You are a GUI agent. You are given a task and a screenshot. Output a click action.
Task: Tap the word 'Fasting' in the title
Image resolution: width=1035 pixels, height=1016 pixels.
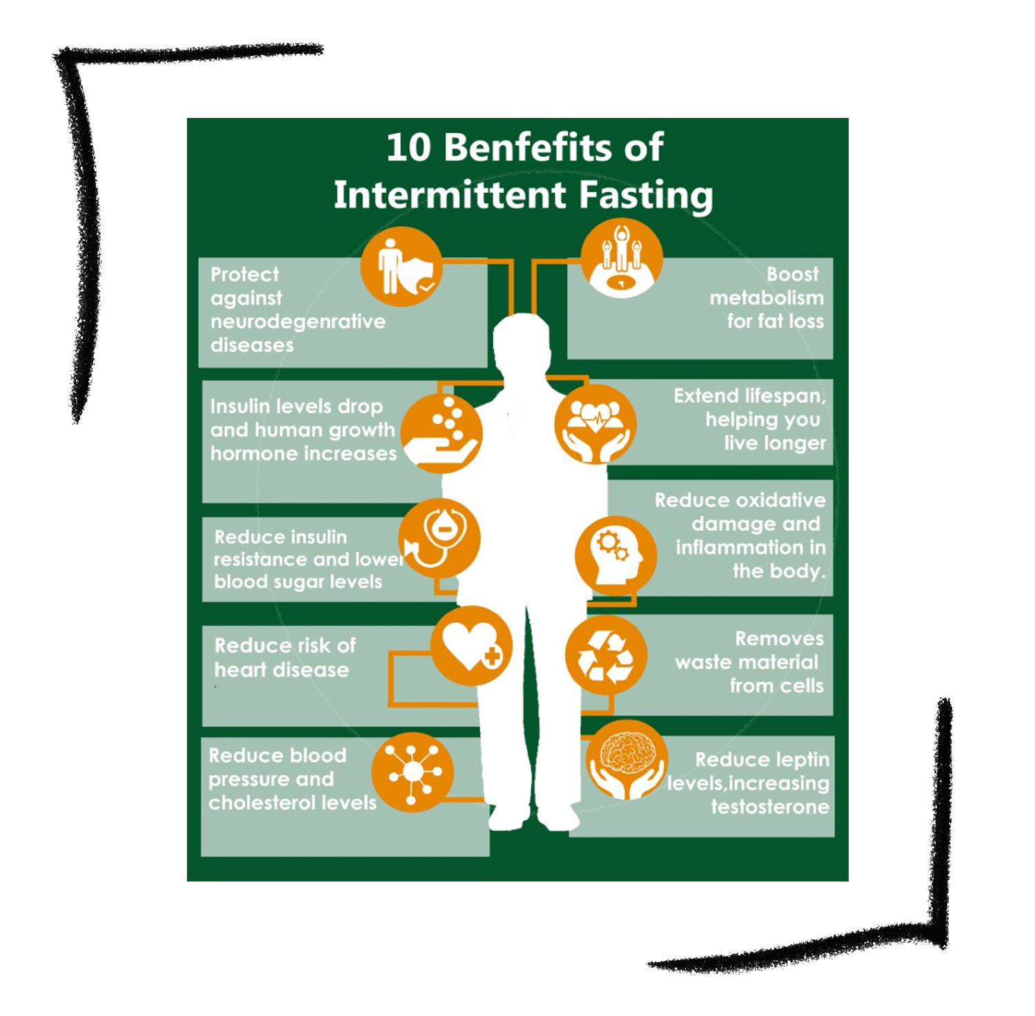tap(646, 195)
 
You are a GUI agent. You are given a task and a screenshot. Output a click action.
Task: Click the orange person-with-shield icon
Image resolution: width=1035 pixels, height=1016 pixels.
tap(401, 267)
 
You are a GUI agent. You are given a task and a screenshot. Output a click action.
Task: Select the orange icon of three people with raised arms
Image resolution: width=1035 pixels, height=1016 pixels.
tap(622, 259)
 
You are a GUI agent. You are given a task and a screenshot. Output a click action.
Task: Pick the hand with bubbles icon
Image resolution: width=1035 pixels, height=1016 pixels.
tap(442, 432)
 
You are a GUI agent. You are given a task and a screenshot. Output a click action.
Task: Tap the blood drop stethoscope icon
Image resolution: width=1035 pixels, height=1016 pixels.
tap(440, 538)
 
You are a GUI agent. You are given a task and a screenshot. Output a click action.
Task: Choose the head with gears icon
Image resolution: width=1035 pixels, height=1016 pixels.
tap(615, 555)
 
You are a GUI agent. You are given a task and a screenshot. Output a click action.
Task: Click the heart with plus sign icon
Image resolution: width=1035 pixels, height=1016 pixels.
tap(471, 646)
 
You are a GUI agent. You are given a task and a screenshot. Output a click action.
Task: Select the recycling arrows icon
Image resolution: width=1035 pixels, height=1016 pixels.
tap(606, 655)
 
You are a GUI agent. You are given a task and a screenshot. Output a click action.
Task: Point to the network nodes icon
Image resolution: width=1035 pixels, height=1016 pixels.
tap(412, 772)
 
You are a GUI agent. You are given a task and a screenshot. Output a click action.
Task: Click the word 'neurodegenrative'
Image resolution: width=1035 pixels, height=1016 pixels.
tap(298, 322)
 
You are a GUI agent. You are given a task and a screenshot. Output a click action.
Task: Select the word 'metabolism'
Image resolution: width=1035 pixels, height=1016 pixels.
tap(767, 298)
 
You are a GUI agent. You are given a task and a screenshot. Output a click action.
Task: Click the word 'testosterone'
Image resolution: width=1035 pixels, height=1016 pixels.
tap(770, 807)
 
